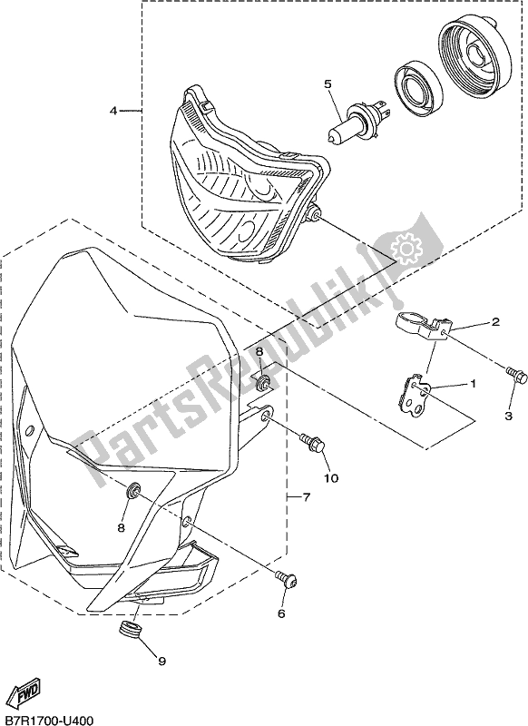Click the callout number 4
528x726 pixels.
coord(113,111)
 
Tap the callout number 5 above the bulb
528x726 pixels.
coord(328,83)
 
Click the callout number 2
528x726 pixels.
coord(495,322)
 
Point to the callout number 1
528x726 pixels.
coord(473,383)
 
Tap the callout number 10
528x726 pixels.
coord(331,478)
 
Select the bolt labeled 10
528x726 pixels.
coord(312,441)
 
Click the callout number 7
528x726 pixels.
coord(306,497)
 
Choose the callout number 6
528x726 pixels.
coord(281,613)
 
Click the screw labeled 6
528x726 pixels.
coord(286,580)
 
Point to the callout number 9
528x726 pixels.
coord(161,662)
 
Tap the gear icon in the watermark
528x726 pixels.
coord(404,250)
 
